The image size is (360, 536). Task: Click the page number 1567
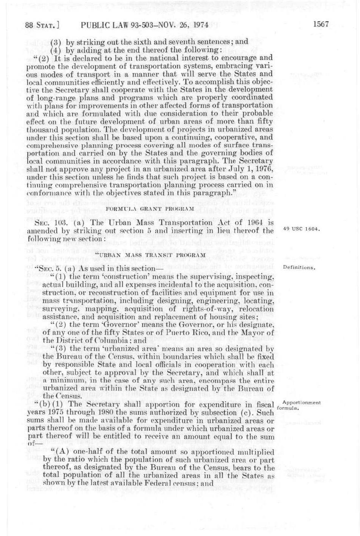320,25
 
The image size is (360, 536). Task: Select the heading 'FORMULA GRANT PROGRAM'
150,208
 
